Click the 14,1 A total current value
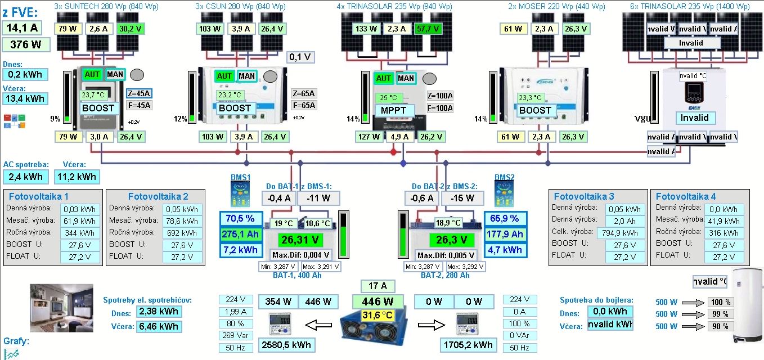[x=21, y=28]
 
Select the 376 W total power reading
[x=26, y=45]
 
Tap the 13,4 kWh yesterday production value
[x=25, y=99]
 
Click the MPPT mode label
[x=394, y=110]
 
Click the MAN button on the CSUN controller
[x=246, y=76]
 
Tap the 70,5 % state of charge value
[x=240, y=218]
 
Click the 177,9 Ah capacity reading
[x=505, y=234]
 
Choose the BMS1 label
[x=240, y=177]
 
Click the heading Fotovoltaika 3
[x=584, y=196]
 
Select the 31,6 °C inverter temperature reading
[x=377, y=314]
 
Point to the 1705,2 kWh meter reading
[x=468, y=345]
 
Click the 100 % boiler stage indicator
[x=720, y=302]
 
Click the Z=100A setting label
[x=440, y=96]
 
